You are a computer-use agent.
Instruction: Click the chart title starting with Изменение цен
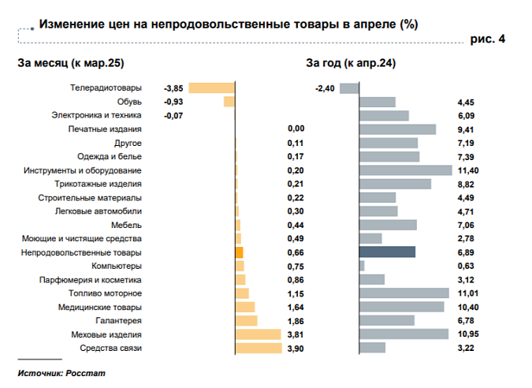(228, 24)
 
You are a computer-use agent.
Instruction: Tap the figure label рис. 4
(488, 39)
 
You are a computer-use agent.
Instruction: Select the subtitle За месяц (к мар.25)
(71, 63)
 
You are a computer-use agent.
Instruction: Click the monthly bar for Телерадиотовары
(212, 88)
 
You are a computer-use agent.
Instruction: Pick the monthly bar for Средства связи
(259, 348)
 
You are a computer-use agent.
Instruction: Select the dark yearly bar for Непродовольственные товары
(387, 252)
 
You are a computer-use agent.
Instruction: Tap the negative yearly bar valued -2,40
(349, 88)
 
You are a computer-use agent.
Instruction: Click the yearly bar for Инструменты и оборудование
(405, 170)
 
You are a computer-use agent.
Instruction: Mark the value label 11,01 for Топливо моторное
(468, 293)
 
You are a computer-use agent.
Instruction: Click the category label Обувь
(128, 102)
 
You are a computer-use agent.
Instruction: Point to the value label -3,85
(173, 88)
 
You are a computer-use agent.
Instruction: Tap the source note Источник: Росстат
(61, 372)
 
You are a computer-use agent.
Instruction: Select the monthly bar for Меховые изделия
(258, 334)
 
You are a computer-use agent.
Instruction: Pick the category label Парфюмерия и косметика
(91, 280)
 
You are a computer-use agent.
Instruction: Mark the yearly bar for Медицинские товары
(401, 307)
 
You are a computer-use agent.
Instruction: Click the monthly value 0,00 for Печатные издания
(296, 129)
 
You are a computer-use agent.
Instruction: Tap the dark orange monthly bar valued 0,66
(239, 252)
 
